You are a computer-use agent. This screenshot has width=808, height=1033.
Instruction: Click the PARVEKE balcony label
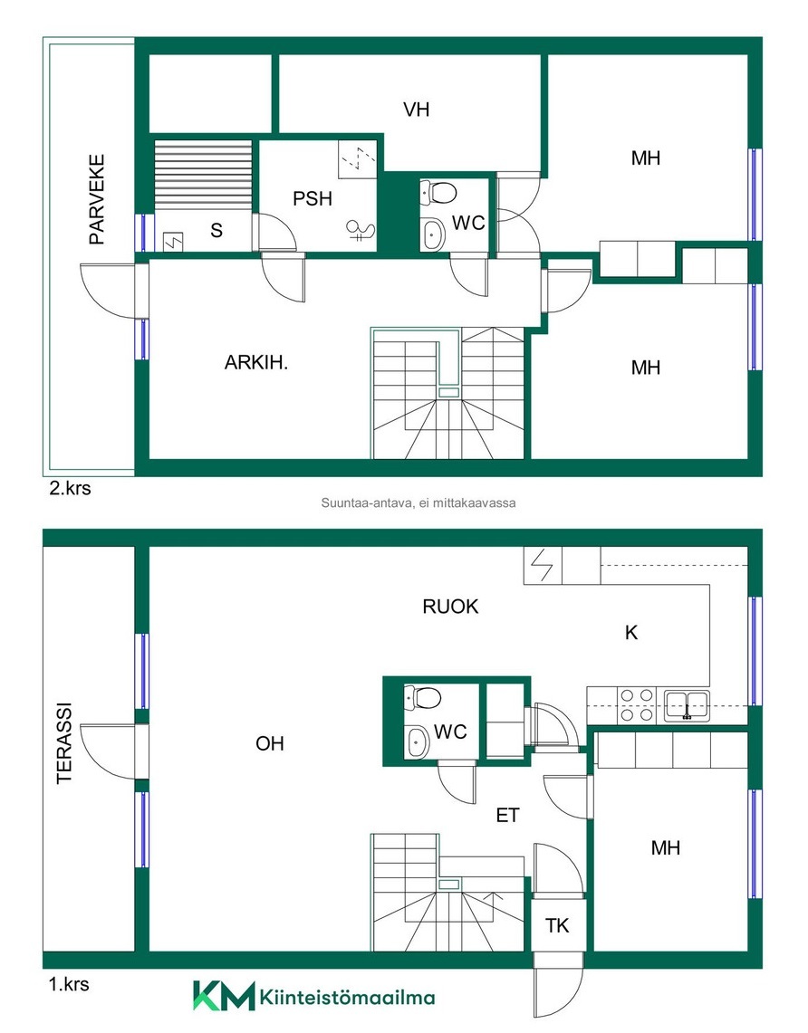[97, 199]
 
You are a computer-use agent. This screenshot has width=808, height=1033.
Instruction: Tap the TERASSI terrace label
[64, 743]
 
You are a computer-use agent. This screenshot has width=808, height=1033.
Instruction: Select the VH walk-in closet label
[417, 110]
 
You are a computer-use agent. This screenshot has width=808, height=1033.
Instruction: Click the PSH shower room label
[313, 198]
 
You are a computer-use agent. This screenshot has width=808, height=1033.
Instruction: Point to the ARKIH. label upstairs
[256, 362]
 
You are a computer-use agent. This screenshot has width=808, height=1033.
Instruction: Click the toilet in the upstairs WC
[439, 193]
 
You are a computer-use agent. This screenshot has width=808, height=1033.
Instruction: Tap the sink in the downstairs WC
[417, 742]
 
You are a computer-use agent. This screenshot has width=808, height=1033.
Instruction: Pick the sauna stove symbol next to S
[174, 242]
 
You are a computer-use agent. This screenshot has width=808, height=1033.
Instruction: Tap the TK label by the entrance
[557, 925]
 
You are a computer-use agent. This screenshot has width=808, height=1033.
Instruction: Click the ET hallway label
[507, 816]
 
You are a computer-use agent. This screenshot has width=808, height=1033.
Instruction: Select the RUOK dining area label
[451, 606]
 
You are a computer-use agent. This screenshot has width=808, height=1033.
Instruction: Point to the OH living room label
[270, 744]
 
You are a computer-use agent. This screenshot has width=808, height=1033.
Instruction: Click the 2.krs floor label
[70, 488]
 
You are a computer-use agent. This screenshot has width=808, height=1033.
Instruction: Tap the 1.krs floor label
[69, 984]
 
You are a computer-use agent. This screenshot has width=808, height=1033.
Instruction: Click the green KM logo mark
[224, 996]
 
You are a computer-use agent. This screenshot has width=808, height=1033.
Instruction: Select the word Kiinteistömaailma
[347, 997]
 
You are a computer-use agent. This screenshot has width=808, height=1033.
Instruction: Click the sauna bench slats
[203, 175]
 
